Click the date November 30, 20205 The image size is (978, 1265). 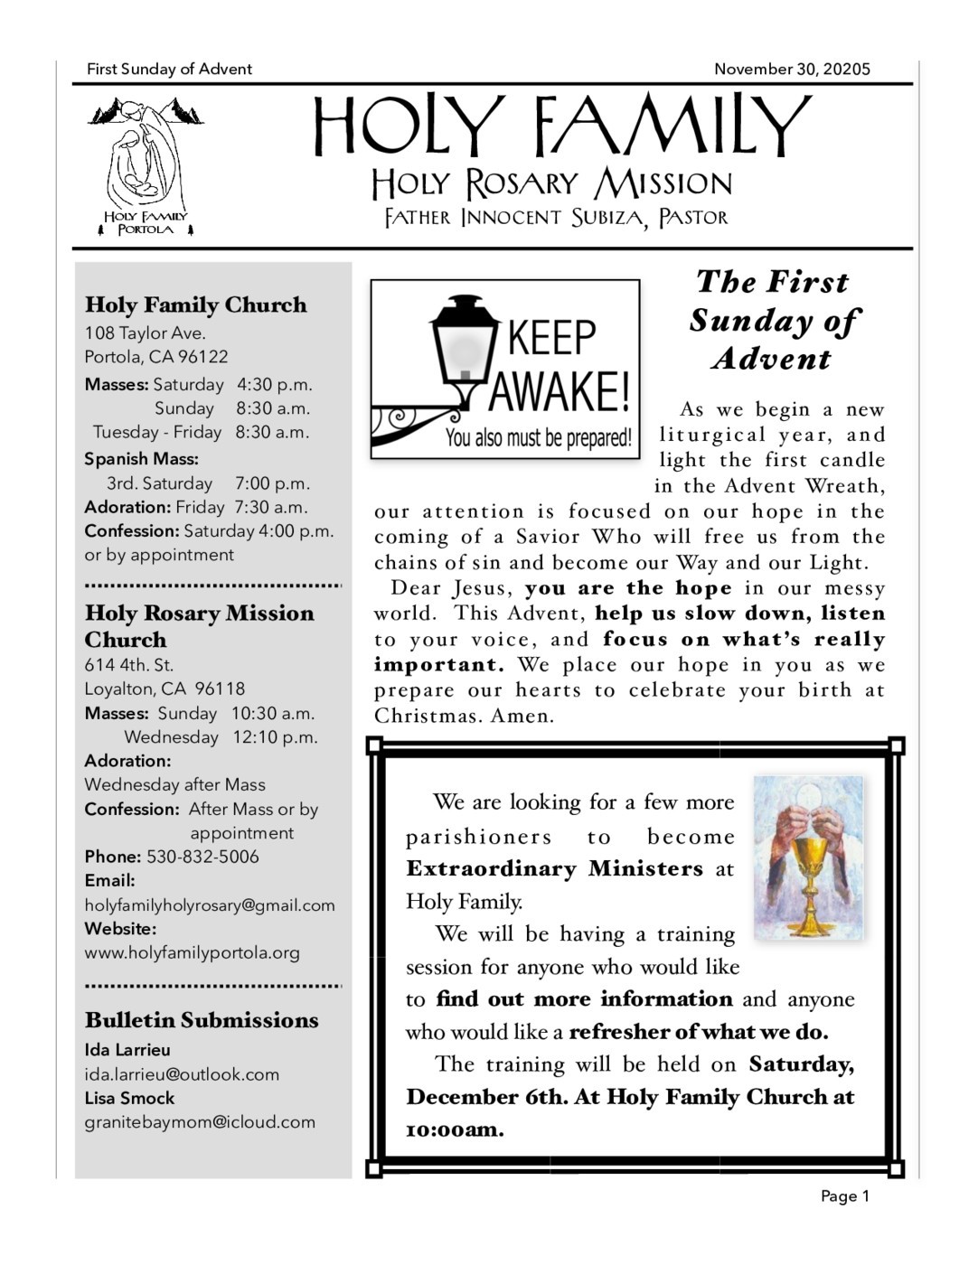click(x=792, y=70)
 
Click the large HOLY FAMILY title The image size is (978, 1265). click(x=562, y=126)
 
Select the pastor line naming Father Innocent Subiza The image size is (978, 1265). click(x=556, y=218)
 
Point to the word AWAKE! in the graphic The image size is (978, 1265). click(x=560, y=390)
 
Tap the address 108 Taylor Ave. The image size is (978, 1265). click(x=146, y=333)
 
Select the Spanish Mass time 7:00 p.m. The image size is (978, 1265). click(x=272, y=483)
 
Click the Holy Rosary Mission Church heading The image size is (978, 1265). click(x=199, y=626)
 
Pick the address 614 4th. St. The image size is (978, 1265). click(x=128, y=665)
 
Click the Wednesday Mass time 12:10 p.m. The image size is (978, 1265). click(x=275, y=737)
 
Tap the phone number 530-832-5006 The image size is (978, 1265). click(x=202, y=857)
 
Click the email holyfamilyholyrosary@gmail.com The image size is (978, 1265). click(x=210, y=905)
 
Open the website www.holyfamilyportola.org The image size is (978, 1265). click(x=192, y=952)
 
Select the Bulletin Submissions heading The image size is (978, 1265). click(x=202, y=1020)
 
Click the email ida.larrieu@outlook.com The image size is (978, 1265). click(x=182, y=1074)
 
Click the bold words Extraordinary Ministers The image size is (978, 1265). click(x=554, y=869)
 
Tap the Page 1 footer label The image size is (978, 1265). click(x=844, y=1196)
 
